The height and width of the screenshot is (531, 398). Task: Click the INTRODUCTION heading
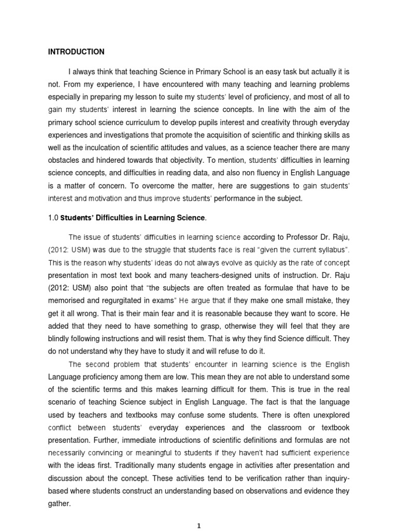click(76, 52)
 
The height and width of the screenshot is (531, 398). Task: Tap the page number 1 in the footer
click(199, 525)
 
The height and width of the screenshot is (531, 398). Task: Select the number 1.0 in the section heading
click(53, 217)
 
